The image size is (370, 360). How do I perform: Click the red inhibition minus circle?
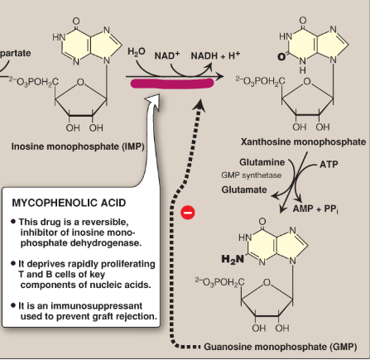(188, 212)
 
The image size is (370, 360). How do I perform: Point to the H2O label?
(135, 53)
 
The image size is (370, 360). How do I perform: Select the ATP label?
(328, 164)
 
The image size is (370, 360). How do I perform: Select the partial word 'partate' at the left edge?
(16, 52)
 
